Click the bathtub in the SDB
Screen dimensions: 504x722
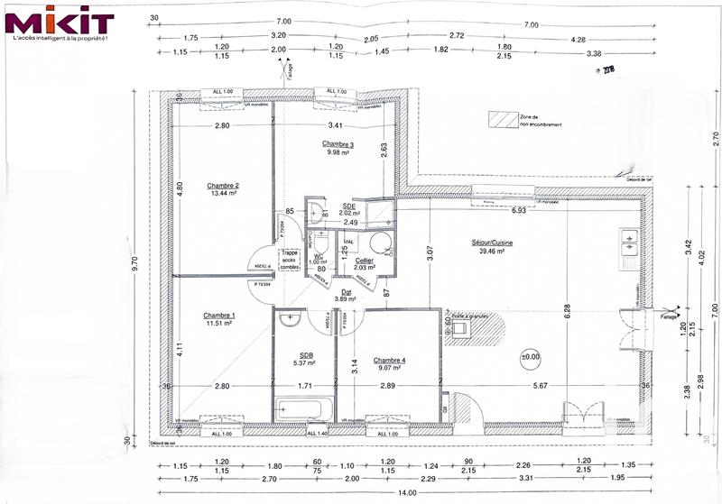click(x=303, y=410)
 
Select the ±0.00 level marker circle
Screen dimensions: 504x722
click(x=529, y=357)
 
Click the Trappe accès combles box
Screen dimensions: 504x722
click(x=288, y=259)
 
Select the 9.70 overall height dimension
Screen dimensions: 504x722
click(x=134, y=264)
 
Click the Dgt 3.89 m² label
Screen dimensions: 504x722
click(x=342, y=294)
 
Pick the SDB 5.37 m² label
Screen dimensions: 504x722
click(x=304, y=359)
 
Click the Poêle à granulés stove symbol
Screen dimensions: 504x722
click(x=461, y=329)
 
